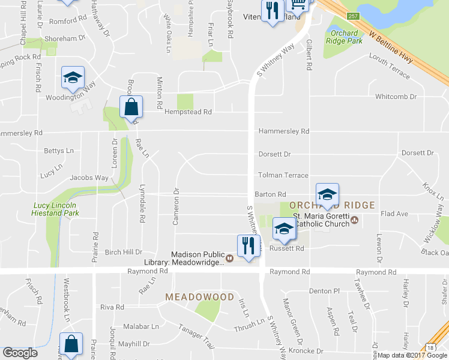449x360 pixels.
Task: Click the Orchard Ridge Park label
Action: coord(344,37)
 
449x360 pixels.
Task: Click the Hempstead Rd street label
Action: coord(193,112)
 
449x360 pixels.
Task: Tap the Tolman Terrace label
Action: coord(283,175)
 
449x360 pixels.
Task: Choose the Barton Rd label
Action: coord(270,194)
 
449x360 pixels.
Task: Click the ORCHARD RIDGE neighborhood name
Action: coord(336,205)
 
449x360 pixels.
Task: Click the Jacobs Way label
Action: coord(89,178)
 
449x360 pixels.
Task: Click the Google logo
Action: coord(20,353)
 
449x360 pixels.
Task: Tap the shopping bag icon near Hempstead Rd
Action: coord(131,107)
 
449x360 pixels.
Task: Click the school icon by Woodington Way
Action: coord(73,77)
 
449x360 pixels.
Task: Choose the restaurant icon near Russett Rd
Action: coord(249,245)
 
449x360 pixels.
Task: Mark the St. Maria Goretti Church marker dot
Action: coord(355,220)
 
